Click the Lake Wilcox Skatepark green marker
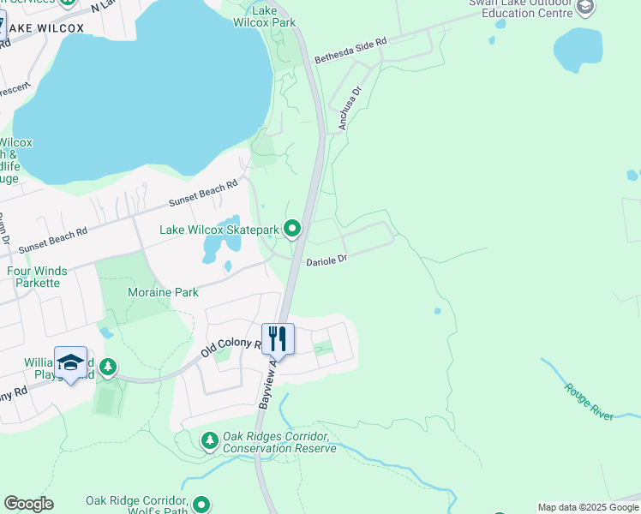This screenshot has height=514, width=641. pyautogui.click(x=292, y=229)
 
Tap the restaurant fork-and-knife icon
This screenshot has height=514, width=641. pyautogui.click(x=278, y=338)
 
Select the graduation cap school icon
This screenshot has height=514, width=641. pyautogui.click(x=70, y=362)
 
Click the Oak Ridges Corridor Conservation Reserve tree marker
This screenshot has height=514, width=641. pyautogui.click(x=209, y=440)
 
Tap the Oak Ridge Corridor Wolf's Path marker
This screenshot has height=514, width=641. pyautogui.click(x=201, y=505)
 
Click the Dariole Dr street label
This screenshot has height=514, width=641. pyautogui.click(x=326, y=259)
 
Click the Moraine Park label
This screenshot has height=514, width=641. pyautogui.click(x=163, y=292)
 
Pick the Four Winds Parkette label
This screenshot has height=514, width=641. pyautogui.click(x=37, y=277)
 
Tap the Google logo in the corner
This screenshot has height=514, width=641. pyautogui.click(x=28, y=504)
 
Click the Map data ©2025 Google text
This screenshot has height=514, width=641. pyautogui.click(x=588, y=507)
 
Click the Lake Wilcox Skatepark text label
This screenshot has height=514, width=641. pyautogui.click(x=220, y=230)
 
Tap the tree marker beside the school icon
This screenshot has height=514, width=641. pyautogui.click(x=107, y=368)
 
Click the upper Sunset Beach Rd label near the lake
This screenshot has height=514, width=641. pyautogui.click(x=202, y=194)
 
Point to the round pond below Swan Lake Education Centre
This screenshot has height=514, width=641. pyautogui.click(x=578, y=50)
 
